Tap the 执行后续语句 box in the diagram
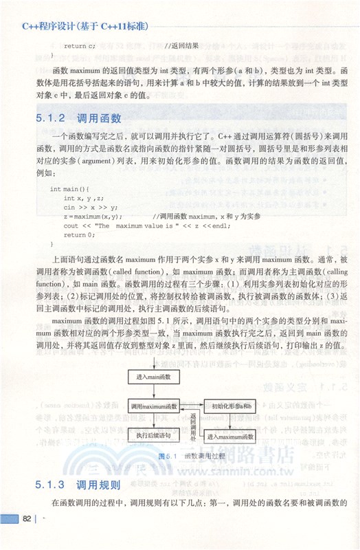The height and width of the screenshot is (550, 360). tap(153, 435)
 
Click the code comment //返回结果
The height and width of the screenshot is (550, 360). tap(182, 46)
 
